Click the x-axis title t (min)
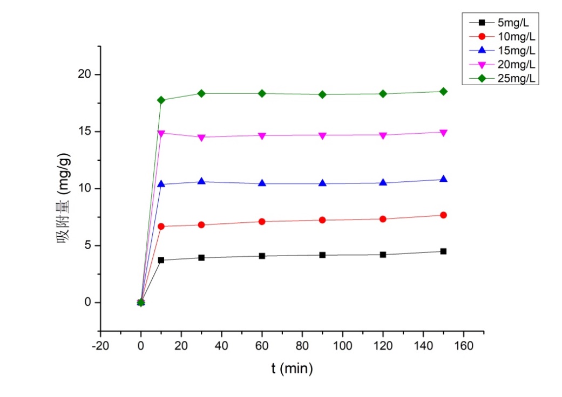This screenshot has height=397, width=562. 292,369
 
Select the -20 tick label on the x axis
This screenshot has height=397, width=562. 100,344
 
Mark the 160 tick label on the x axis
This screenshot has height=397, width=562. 463,344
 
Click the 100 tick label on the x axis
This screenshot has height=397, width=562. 342,344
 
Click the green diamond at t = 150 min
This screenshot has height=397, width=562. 443,92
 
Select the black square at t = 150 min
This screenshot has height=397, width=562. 443,251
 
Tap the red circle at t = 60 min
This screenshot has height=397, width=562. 262,221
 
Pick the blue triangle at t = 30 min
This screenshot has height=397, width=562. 201,181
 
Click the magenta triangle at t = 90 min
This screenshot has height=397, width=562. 322,135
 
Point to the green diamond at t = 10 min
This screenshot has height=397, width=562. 161,100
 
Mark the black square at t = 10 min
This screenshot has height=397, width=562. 161,260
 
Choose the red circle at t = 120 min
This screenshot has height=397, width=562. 383,219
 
